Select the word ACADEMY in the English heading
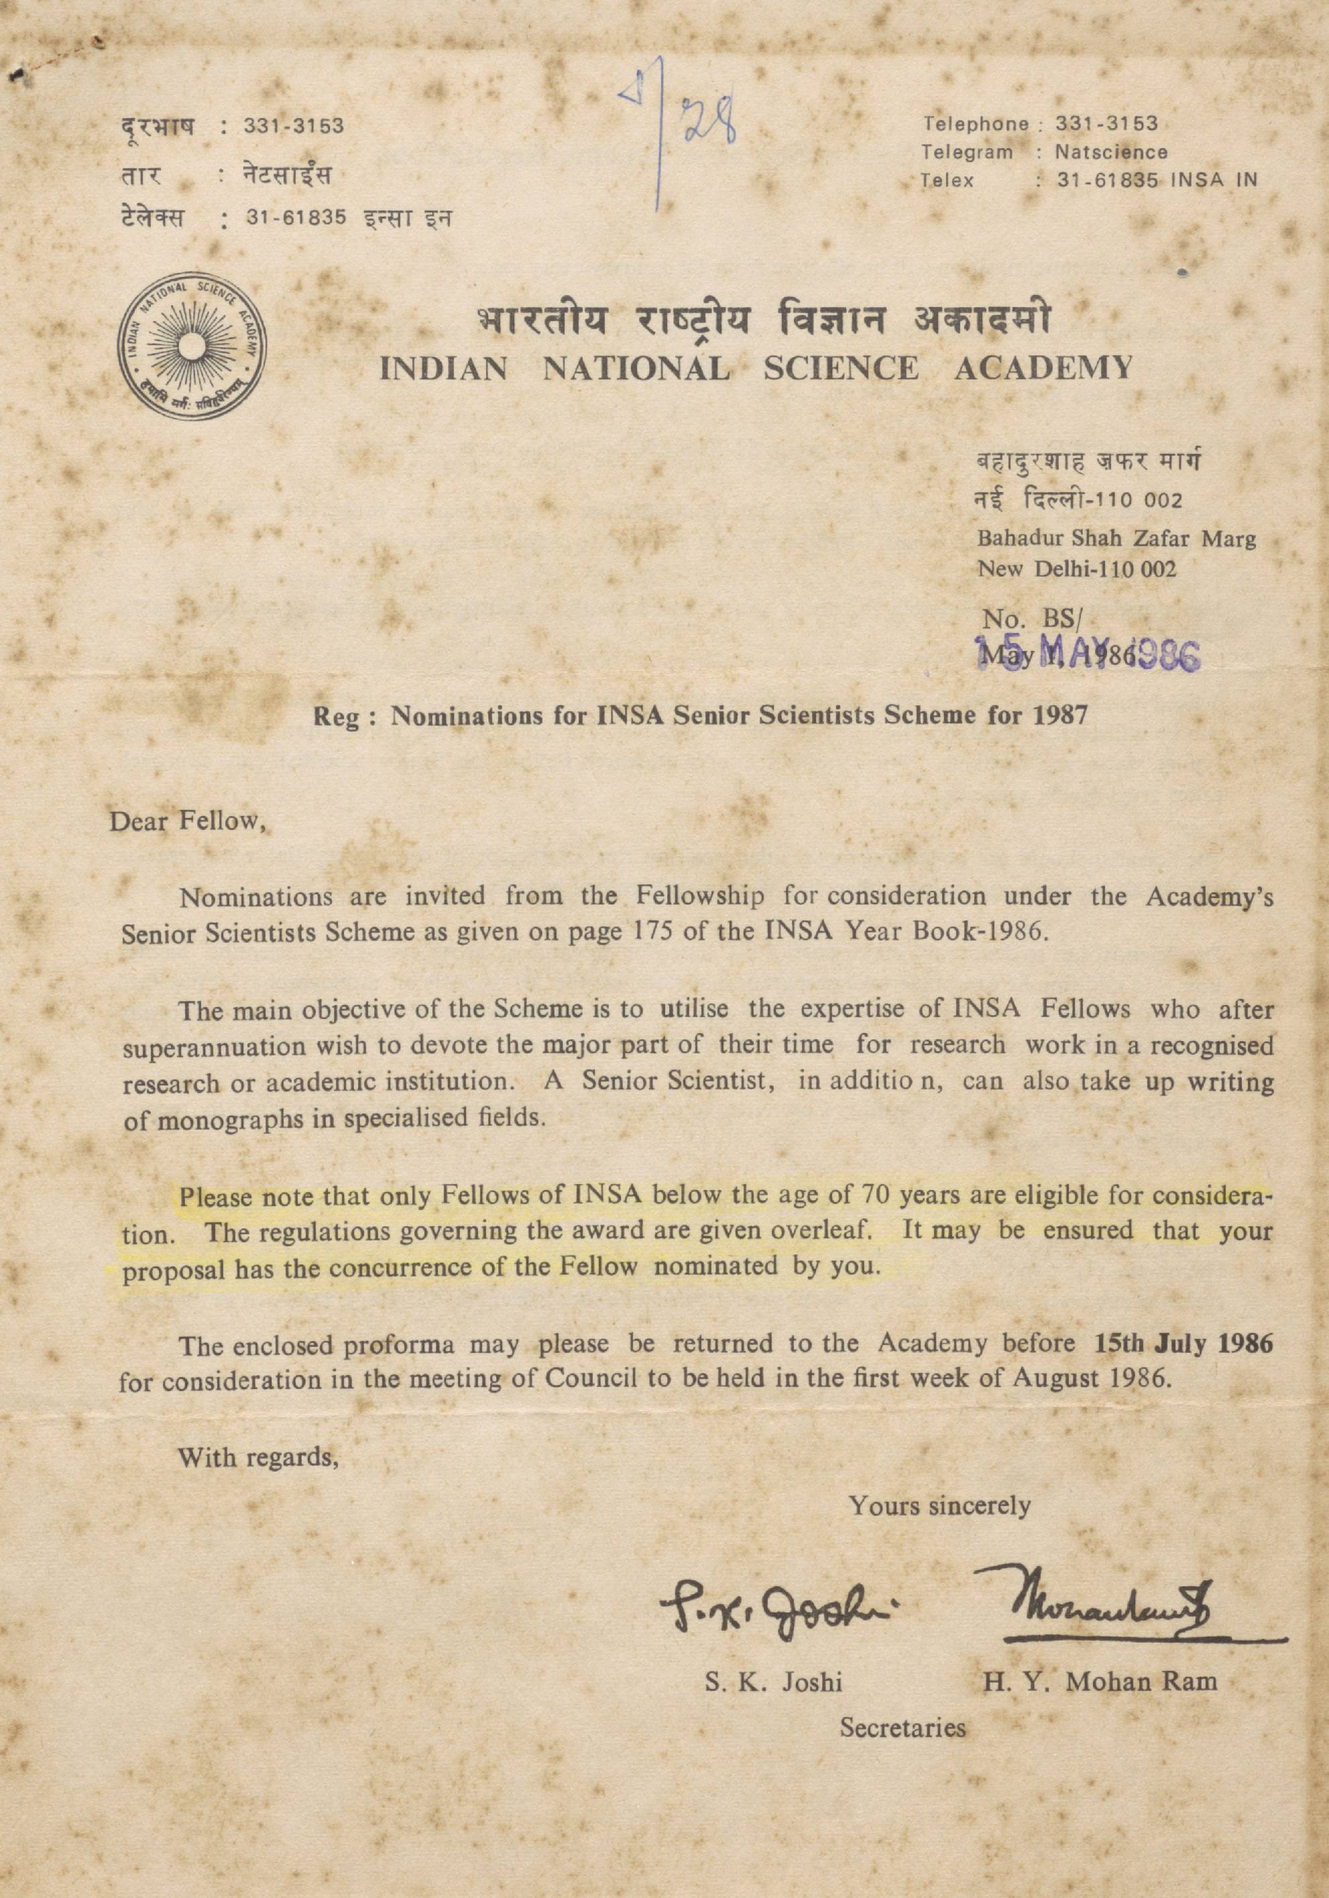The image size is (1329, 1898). pyautogui.click(x=1043, y=368)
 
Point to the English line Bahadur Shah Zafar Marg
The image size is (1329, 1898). pyautogui.click(x=1116, y=540)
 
